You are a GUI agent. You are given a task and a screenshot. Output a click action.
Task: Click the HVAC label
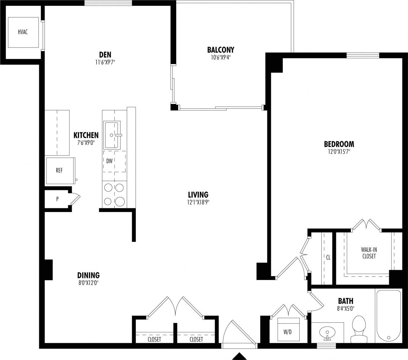[x=23, y=32]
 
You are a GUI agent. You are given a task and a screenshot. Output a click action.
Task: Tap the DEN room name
[x=105, y=55]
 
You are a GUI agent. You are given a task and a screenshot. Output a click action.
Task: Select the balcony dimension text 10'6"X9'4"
[x=221, y=58]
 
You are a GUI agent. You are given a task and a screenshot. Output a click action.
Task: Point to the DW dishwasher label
[x=109, y=161]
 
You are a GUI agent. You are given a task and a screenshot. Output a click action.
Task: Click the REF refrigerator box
[x=60, y=171]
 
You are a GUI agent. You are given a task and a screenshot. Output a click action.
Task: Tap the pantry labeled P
[x=57, y=199]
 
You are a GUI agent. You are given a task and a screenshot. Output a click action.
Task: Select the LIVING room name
[x=198, y=195]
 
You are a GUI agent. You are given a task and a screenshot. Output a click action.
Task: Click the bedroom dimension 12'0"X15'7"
[x=339, y=152]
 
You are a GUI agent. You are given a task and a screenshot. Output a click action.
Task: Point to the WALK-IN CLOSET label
[x=369, y=253]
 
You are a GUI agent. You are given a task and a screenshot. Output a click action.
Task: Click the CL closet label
[x=328, y=256]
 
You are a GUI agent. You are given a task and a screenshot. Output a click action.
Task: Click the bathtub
[x=389, y=316]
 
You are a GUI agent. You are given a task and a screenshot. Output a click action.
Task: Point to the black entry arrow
[x=239, y=356]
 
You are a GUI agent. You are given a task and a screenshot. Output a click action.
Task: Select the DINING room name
[x=88, y=275]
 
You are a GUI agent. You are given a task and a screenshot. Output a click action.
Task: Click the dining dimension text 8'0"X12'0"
[x=88, y=283]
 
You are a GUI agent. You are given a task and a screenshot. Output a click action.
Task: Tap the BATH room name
[x=346, y=301]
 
